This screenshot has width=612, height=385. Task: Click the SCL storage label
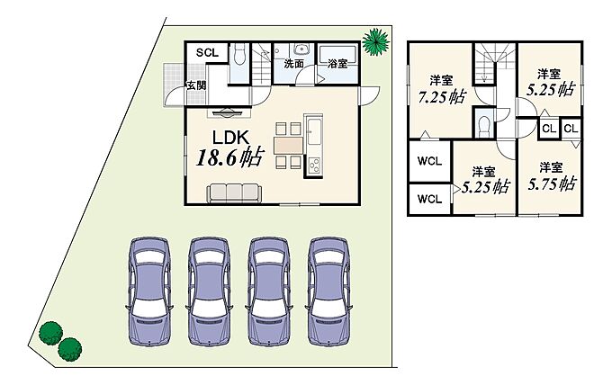pyautogui.click(x=207, y=53)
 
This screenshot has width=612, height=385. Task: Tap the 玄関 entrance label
pyautogui.click(x=196, y=85)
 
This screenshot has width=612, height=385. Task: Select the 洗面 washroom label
pyautogui.click(x=294, y=64)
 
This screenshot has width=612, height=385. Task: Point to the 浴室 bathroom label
pyautogui.click(x=337, y=64)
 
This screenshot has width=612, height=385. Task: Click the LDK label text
pyautogui.click(x=230, y=138)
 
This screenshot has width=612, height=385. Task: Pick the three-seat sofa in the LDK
pyautogui.click(x=234, y=193)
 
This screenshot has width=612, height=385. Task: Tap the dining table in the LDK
pyautogui.click(x=288, y=145)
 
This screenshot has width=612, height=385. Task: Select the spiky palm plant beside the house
pyautogui.click(x=376, y=41)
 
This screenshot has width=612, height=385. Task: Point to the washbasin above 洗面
pyautogui.click(x=300, y=50)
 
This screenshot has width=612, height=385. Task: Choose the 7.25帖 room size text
pyautogui.click(x=442, y=97)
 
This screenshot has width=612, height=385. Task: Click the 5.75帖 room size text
pyautogui.click(x=552, y=184)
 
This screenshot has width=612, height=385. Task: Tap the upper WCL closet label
pyautogui.click(x=429, y=161)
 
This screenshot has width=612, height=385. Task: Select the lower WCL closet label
pyautogui.click(x=429, y=200)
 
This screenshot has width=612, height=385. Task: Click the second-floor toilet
pyautogui.click(x=484, y=126)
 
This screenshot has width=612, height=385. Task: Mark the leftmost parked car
pyautogui.click(x=149, y=291)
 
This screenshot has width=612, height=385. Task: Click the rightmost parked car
pyautogui.click(x=329, y=291)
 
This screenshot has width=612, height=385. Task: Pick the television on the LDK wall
pyautogui.click(x=229, y=113)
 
